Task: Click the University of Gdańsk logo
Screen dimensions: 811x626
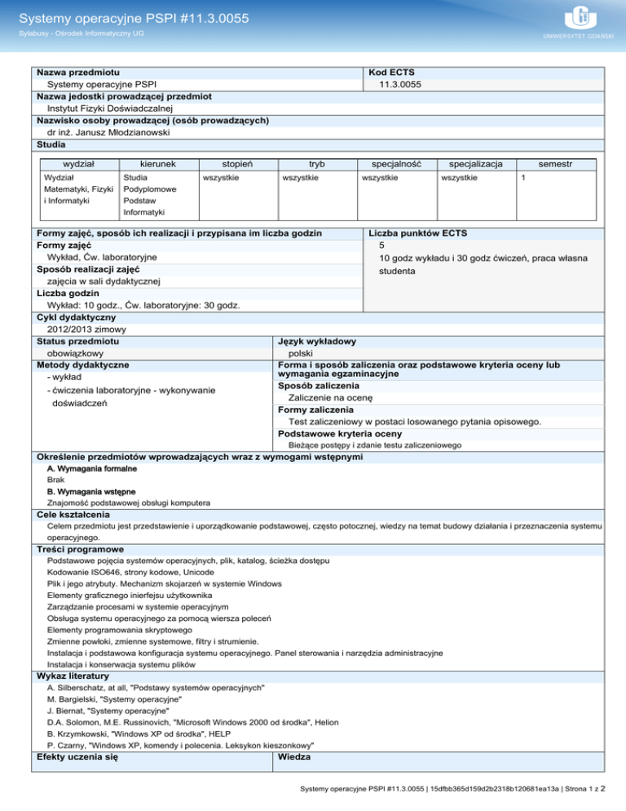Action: pyautogui.click(x=580, y=21)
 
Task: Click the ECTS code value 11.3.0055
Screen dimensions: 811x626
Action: pyautogui.click(x=399, y=84)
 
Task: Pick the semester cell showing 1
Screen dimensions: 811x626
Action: pyautogui.click(x=524, y=176)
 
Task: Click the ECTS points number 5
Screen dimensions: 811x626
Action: pyautogui.click(x=382, y=245)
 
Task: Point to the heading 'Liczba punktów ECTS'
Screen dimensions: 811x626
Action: pyautogui.click(x=418, y=233)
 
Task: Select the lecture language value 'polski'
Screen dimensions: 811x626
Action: pyautogui.click(x=304, y=353)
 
